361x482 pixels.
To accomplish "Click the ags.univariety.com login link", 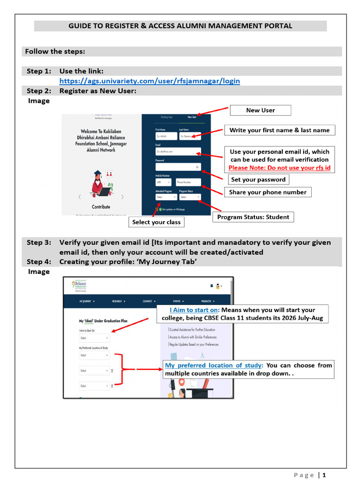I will [x=149, y=81].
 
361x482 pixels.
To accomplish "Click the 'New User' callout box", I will [x=260, y=110].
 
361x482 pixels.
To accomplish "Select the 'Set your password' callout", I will [x=258, y=179].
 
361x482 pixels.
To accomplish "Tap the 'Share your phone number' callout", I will [x=267, y=192].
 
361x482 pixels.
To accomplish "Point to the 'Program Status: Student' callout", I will [x=253, y=217].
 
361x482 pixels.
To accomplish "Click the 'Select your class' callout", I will [x=156, y=222].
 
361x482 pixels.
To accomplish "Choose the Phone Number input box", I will [x=188, y=182].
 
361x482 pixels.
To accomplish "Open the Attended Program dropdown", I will [x=166, y=197].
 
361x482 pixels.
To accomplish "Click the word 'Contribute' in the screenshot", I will [x=101, y=207].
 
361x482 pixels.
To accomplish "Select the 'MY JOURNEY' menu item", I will [x=86, y=301].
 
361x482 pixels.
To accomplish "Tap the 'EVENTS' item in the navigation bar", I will [x=178, y=301].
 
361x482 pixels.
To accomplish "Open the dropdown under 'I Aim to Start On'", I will [x=94, y=338].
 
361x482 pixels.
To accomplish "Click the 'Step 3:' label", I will [x=39, y=242].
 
